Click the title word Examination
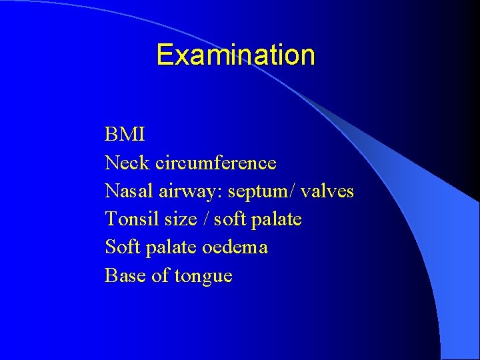tap(235, 55)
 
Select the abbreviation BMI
tap(125, 135)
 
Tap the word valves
tap(327, 191)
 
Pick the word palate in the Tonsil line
tap(277, 220)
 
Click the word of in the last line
tap(160, 275)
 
